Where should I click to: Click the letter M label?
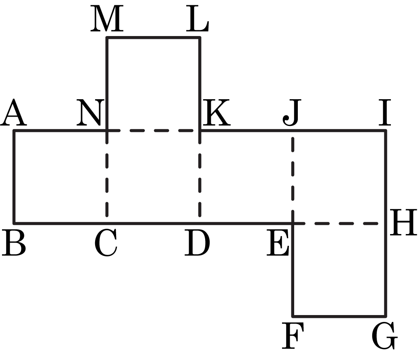pyautogui.click(x=107, y=19)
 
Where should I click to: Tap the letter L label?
pyautogui.click(x=197, y=19)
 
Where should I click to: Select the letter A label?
pyautogui.click(x=13, y=112)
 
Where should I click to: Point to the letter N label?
pyautogui.click(x=89, y=112)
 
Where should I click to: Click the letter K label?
pyautogui.click(x=216, y=112)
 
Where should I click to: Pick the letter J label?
pyautogui.click(x=292, y=112)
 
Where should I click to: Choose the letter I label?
pyautogui.click(x=385, y=112)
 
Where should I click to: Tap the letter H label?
pyautogui.click(x=403, y=222)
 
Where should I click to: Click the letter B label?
pyautogui.click(x=14, y=243)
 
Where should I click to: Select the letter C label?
pyautogui.click(x=106, y=243)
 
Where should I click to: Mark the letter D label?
pyautogui.click(x=197, y=243)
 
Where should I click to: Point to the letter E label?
pyautogui.click(x=278, y=243)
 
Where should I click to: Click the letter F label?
pyautogui.click(x=293, y=335)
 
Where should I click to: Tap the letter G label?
pyautogui.click(x=385, y=335)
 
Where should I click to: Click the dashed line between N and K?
pyautogui.click(x=153, y=130)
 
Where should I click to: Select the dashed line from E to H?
pyautogui.click(x=339, y=223)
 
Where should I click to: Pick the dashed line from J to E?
pyautogui.click(x=293, y=177)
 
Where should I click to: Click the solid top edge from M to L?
pyautogui.click(x=153, y=38)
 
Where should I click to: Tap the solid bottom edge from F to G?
pyautogui.click(x=339, y=316)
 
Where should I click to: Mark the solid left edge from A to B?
pyautogui.click(x=14, y=177)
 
